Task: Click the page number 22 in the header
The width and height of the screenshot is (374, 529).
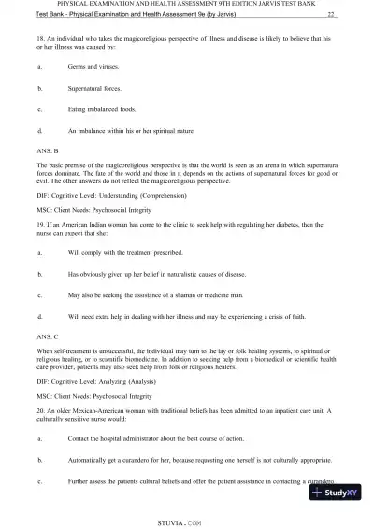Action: pyautogui.click(x=332, y=15)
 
